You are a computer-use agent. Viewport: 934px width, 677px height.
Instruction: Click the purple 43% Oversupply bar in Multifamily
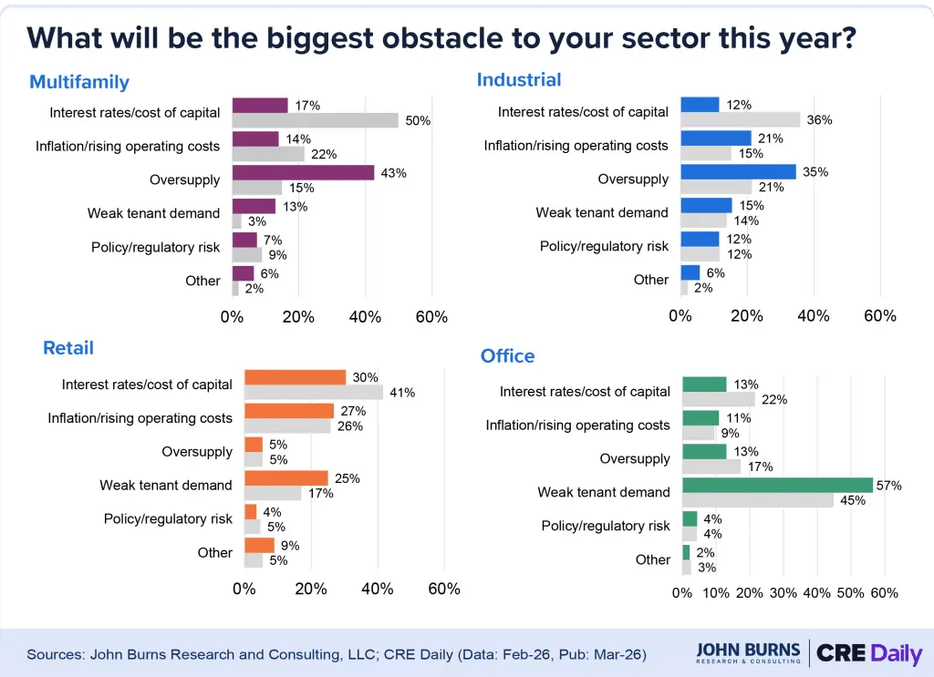click(x=303, y=172)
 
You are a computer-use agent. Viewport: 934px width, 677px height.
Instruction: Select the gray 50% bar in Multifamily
click(x=316, y=120)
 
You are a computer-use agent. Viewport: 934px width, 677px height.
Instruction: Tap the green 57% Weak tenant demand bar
click(x=777, y=485)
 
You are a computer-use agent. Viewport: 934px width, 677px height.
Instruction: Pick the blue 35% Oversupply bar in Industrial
click(x=738, y=171)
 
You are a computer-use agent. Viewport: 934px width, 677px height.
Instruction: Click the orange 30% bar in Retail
click(x=295, y=377)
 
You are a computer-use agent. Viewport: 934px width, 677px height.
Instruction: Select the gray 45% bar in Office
click(x=757, y=500)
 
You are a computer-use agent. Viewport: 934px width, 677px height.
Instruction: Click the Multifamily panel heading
click(x=79, y=82)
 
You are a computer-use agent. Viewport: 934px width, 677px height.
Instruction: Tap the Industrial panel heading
click(x=518, y=80)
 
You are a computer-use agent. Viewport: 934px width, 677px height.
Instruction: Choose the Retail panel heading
click(x=68, y=348)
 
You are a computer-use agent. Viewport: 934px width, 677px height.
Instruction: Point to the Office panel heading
click(x=507, y=355)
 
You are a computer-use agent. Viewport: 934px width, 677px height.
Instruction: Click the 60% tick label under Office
click(x=884, y=593)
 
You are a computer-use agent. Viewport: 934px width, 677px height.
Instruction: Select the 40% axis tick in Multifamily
click(x=365, y=317)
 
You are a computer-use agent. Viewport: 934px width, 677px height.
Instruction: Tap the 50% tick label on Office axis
click(x=850, y=593)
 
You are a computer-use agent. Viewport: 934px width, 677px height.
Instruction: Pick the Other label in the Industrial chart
click(x=651, y=280)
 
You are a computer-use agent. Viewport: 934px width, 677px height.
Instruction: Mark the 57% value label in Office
click(x=888, y=486)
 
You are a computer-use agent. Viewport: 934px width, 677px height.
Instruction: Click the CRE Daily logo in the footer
click(x=868, y=653)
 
